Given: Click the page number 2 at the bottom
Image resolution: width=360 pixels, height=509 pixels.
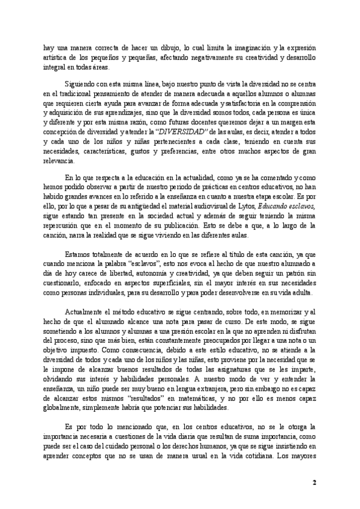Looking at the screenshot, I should coord(315,483).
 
